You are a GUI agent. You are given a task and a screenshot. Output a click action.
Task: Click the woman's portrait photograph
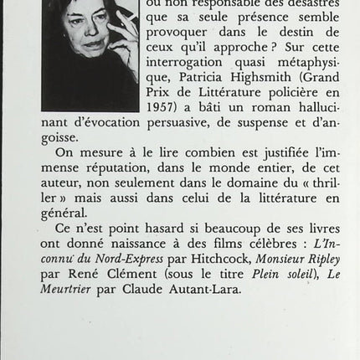(90, 55)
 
